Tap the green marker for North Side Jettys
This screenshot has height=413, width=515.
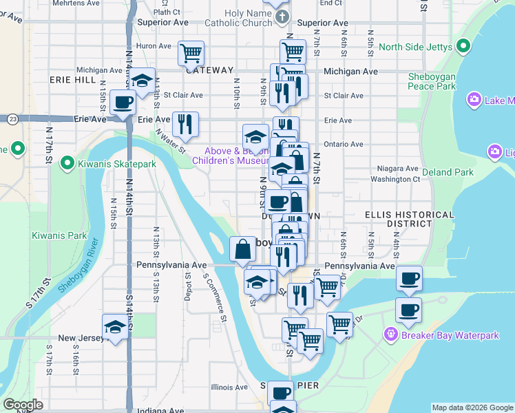tap(463, 47)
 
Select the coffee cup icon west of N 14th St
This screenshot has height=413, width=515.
tap(124, 103)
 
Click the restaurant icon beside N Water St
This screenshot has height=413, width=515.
tap(185, 124)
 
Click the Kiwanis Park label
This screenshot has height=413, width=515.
tap(59, 235)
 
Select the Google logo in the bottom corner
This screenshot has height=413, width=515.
tap(23, 404)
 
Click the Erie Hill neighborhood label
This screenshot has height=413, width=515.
tap(67, 80)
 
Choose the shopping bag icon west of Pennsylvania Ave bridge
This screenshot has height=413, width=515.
tap(243, 249)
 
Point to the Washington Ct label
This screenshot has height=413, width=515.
tap(395, 179)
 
